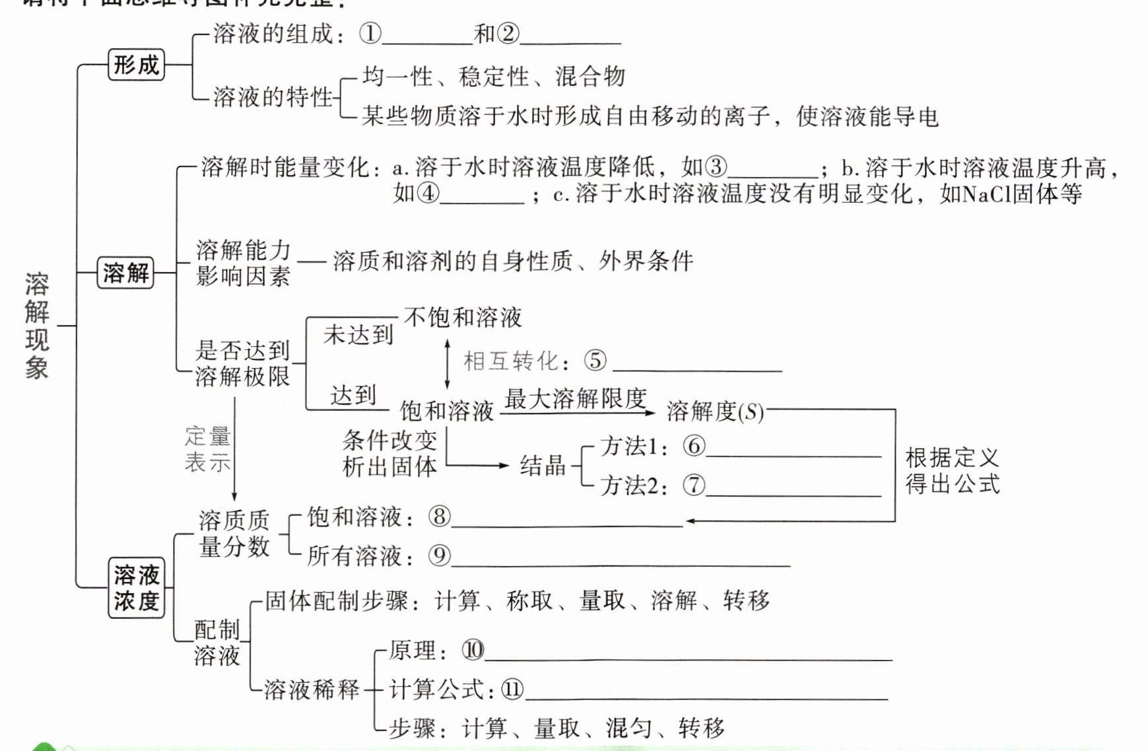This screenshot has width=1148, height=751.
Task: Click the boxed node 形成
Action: (x=136, y=65)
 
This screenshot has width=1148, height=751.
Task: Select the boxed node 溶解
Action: (x=125, y=272)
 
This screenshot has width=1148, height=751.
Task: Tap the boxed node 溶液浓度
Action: (x=136, y=588)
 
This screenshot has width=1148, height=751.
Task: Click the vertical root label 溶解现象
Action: (x=37, y=326)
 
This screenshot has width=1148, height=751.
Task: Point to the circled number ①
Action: (x=370, y=34)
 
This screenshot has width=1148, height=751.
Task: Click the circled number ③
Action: (x=716, y=167)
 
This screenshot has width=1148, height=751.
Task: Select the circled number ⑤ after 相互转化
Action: (x=595, y=361)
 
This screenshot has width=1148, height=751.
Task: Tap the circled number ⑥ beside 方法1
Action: (x=694, y=447)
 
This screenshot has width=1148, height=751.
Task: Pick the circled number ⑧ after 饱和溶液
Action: (x=439, y=517)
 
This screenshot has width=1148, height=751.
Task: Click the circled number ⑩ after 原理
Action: (x=473, y=651)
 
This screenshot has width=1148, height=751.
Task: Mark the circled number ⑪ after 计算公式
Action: (x=512, y=690)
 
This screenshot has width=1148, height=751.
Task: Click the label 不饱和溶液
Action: (x=463, y=318)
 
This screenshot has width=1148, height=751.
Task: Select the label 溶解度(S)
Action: (x=715, y=411)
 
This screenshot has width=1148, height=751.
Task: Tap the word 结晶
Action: (x=543, y=466)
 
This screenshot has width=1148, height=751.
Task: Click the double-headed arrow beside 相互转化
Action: (x=448, y=363)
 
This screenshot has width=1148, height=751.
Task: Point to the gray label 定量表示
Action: (x=207, y=449)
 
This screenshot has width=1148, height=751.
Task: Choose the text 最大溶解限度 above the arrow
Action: (x=575, y=398)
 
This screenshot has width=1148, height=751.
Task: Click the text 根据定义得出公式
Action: (x=952, y=470)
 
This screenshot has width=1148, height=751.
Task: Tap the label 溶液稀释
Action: (x=312, y=690)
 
